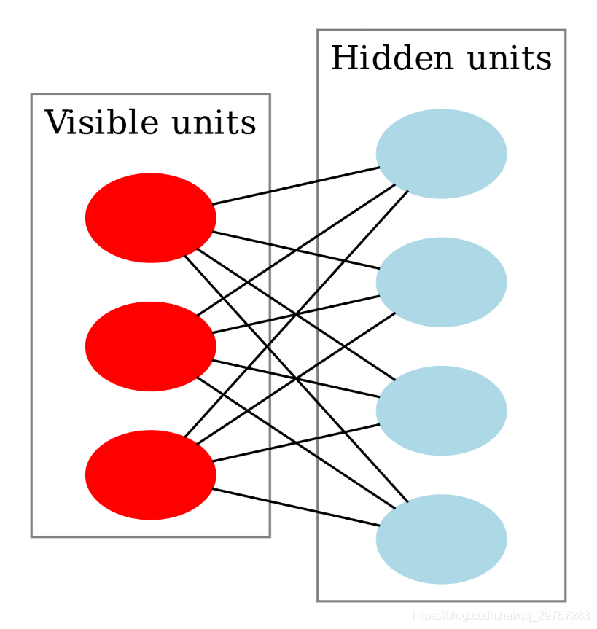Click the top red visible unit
(x=150, y=218)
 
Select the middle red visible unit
(x=150, y=346)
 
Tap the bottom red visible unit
(x=150, y=475)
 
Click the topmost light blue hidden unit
(x=441, y=154)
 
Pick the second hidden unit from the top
(x=441, y=282)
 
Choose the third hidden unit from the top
(x=441, y=411)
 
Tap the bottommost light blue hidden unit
(x=441, y=539)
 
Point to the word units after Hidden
(x=510, y=59)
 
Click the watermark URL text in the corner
(x=502, y=617)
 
